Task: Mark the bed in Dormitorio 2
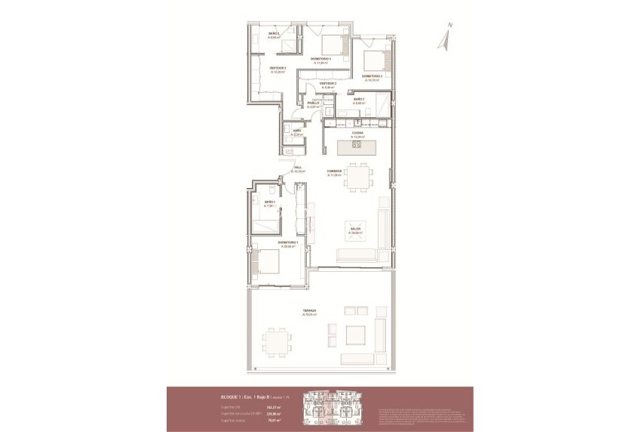pyautogui.click(x=374, y=58)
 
